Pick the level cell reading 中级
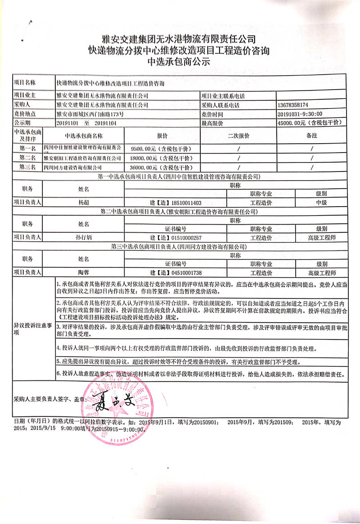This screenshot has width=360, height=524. click(x=321, y=203)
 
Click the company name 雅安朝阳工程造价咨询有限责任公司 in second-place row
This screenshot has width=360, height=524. click(x=83, y=158)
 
